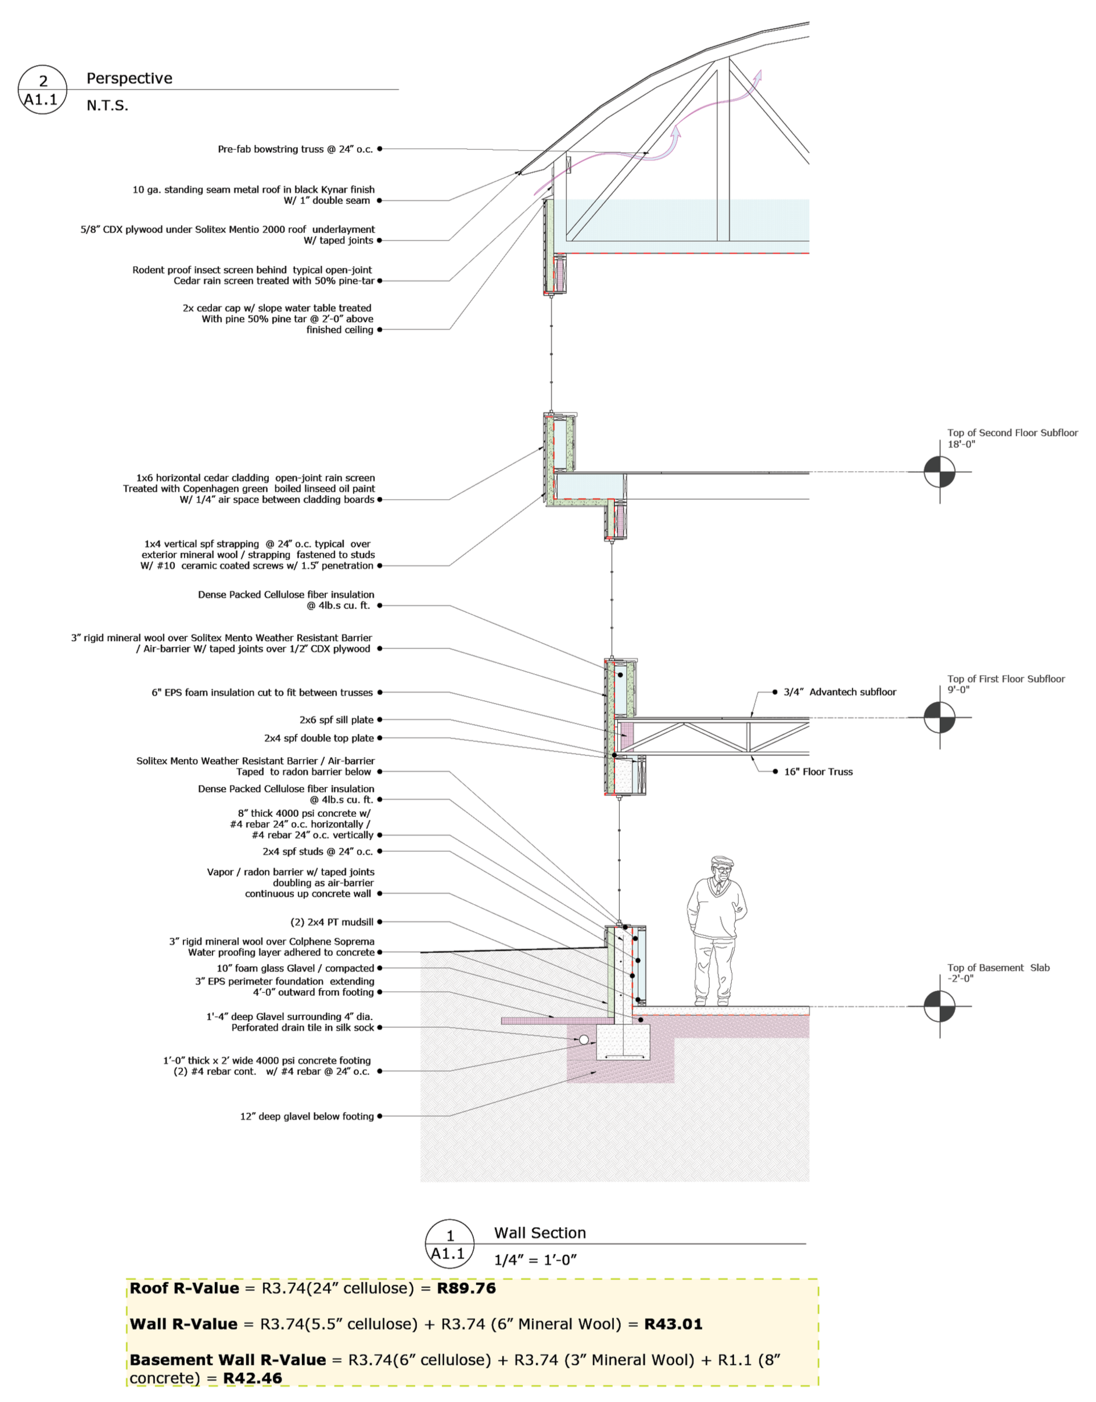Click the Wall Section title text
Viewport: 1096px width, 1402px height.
point(540,1232)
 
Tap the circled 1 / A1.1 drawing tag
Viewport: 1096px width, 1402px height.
point(450,1244)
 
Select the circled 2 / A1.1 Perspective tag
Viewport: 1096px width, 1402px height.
point(42,90)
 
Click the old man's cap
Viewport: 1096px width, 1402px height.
point(722,861)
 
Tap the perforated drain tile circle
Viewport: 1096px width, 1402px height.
point(583,1039)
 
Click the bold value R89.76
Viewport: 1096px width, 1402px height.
point(466,1288)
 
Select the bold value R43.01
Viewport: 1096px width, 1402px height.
point(673,1324)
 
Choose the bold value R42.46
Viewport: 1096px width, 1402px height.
point(252,1378)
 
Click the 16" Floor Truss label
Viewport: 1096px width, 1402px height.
point(818,772)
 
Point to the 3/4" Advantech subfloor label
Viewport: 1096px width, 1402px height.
point(839,692)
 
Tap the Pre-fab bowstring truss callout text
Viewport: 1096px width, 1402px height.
point(295,149)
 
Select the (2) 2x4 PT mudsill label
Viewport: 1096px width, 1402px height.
point(332,922)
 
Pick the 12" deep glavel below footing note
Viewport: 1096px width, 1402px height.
point(307,1116)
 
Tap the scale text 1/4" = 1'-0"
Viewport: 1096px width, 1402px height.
point(535,1260)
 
